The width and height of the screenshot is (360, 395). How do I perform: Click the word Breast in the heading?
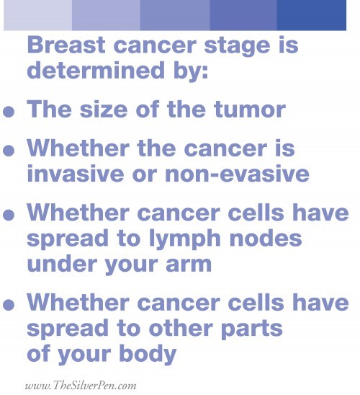point(66,45)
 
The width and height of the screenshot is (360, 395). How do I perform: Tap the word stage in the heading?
point(237,47)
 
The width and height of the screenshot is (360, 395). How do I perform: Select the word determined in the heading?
point(96,70)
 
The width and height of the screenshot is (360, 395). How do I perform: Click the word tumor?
point(250,110)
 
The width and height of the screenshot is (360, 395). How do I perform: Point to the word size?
point(104,110)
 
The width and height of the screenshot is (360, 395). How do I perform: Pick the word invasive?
point(75,173)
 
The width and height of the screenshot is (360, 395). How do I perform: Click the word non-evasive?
point(237,173)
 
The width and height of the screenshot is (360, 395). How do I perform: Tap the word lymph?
point(185,239)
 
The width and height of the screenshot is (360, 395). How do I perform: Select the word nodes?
point(266,238)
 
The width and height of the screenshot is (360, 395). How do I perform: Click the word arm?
point(189,265)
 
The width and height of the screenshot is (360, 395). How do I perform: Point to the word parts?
point(252,329)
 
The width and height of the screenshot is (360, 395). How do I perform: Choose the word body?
point(148,354)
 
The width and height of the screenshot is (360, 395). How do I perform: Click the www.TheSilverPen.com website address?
point(81,386)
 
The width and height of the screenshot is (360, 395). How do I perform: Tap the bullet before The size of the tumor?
point(9,112)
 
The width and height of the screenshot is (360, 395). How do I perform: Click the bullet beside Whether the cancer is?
point(9,151)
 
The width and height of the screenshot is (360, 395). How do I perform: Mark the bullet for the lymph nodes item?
point(9,215)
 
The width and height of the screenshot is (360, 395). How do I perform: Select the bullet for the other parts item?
point(9,305)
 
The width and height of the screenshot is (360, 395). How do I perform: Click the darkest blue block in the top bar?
point(312,15)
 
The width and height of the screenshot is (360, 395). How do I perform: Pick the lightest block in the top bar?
point(37,15)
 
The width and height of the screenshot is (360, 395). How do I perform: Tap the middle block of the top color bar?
point(175,15)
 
